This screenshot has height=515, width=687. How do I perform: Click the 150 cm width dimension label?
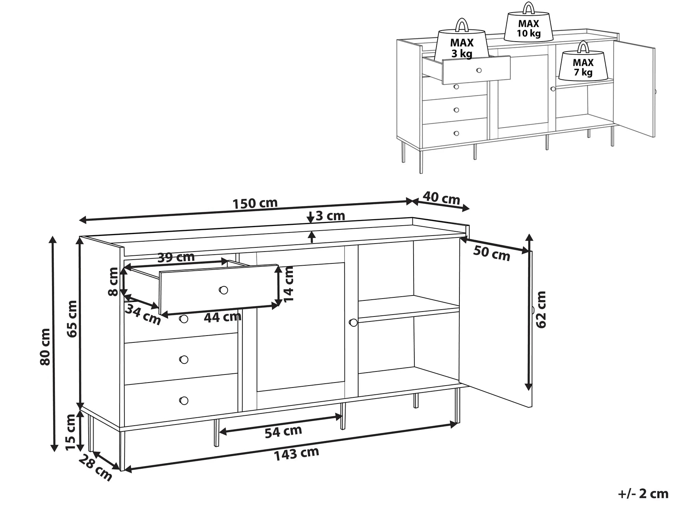[x=255, y=203]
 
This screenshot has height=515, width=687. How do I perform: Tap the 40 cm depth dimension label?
[x=441, y=198]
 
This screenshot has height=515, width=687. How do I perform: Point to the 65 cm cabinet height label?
[x=72, y=318]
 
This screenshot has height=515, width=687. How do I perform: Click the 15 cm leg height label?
[x=71, y=432]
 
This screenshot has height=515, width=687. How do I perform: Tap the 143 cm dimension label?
[x=296, y=454]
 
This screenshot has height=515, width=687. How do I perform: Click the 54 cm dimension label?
[x=283, y=432]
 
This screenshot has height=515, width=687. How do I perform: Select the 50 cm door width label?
[x=491, y=253]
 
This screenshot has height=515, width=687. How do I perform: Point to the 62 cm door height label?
[x=541, y=309]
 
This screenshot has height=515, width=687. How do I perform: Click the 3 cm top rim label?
[x=330, y=216]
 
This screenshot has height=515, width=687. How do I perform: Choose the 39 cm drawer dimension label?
[x=176, y=257]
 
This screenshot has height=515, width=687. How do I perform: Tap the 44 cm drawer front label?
[x=222, y=317]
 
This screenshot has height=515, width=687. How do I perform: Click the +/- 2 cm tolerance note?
[x=643, y=494]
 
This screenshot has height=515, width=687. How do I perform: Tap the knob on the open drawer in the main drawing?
[x=223, y=290]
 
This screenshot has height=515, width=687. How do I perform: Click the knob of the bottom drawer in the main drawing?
[x=184, y=400]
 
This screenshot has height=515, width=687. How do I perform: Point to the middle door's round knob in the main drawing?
[x=353, y=323]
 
